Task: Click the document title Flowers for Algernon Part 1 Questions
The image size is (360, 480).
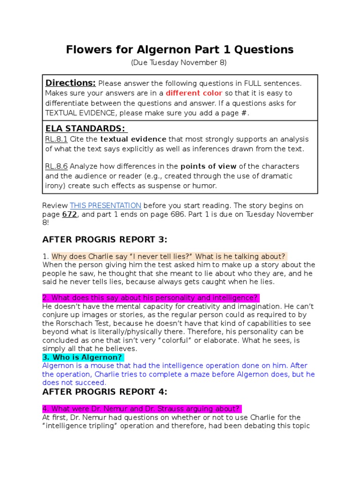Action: point(180,49)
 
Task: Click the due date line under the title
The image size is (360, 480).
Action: point(180,62)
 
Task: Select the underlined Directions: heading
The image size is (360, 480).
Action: point(70,83)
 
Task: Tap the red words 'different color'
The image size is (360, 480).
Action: point(194,93)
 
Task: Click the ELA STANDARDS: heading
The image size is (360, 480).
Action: point(86,129)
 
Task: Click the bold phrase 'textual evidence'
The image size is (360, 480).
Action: point(133,139)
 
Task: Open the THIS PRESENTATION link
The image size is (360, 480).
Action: point(105,205)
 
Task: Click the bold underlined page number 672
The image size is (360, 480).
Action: point(67,214)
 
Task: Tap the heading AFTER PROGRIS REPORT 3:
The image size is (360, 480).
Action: point(105,240)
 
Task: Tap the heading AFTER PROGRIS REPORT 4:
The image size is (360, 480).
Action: point(105,392)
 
